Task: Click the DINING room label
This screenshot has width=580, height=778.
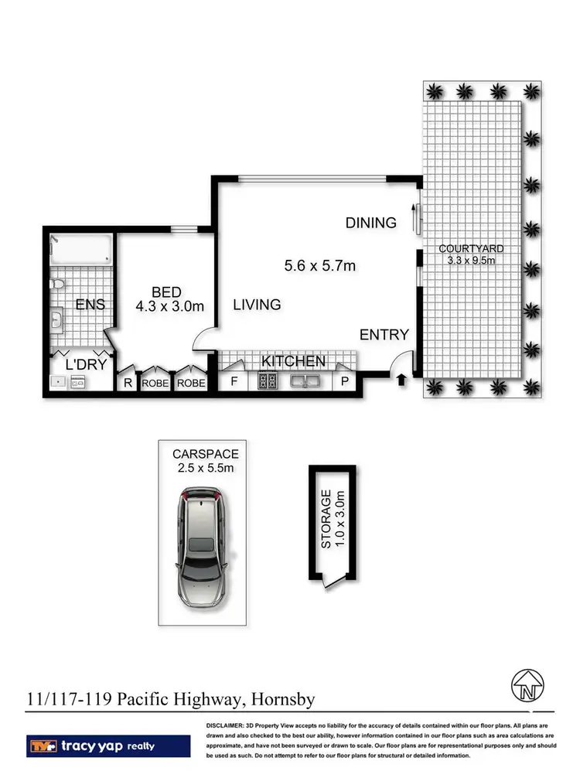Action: tap(370, 223)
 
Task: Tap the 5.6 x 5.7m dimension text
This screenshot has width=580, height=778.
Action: tap(319, 265)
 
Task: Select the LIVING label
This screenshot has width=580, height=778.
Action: tap(257, 305)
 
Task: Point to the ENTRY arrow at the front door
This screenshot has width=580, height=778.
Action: tap(401, 379)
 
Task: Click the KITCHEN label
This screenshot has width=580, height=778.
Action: tap(293, 362)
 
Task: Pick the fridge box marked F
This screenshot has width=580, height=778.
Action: tap(234, 382)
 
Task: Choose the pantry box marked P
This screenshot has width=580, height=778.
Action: tap(344, 382)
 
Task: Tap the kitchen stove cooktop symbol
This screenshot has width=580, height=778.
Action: tap(268, 381)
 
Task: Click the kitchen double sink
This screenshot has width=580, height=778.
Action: tap(306, 381)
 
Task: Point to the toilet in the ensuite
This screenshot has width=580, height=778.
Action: tap(56, 287)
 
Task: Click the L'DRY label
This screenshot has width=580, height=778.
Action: tap(85, 363)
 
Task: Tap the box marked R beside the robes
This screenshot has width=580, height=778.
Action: tap(127, 383)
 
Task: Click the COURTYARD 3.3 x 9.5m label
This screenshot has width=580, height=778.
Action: tap(471, 254)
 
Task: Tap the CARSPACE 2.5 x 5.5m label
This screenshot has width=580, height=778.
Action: tap(205, 460)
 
